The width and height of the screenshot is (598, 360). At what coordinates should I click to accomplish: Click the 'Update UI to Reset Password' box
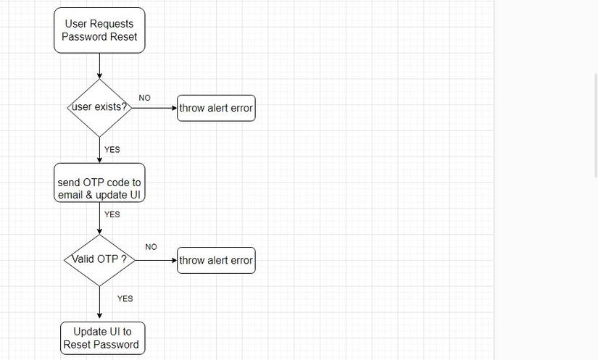pyautogui.click(x=102, y=338)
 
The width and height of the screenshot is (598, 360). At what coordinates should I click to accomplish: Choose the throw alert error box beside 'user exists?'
pyautogui.click(x=216, y=108)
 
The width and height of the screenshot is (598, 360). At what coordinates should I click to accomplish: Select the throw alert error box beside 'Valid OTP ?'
pyautogui.click(x=216, y=260)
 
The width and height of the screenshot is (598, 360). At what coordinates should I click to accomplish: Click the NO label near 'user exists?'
pyautogui.click(x=145, y=98)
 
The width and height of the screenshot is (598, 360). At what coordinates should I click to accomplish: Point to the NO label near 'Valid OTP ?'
pyautogui.click(x=151, y=247)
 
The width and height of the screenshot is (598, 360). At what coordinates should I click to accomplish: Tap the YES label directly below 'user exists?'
pyautogui.click(x=112, y=150)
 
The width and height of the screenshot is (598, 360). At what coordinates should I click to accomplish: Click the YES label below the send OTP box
pyautogui.click(x=112, y=214)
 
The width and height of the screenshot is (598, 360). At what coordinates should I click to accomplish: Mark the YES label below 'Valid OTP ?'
pyautogui.click(x=125, y=298)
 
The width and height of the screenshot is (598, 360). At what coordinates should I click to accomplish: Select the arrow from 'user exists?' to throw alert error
pyautogui.click(x=154, y=108)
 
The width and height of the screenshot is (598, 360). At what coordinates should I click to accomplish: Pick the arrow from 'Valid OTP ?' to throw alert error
pyautogui.click(x=156, y=260)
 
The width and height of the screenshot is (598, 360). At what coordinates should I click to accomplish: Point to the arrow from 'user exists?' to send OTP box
pyautogui.click(x=99, y=150)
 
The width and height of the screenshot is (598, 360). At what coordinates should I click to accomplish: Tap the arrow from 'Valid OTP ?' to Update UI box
pyautogui.click(x=99, y=304)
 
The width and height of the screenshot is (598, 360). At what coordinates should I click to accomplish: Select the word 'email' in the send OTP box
pyautogui.click(x=72, y=196)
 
